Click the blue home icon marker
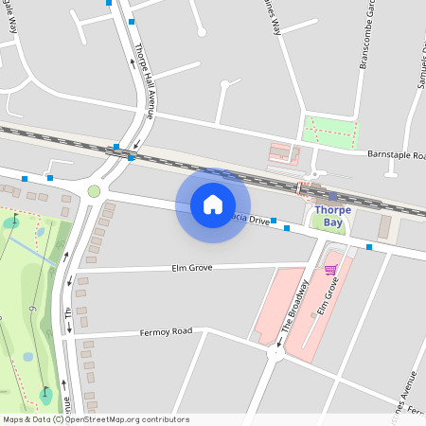213,204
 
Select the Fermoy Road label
166,331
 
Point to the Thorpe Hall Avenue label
143,80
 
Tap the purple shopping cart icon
330,270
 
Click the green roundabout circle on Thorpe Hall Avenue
94,191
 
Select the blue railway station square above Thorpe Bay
332,197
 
